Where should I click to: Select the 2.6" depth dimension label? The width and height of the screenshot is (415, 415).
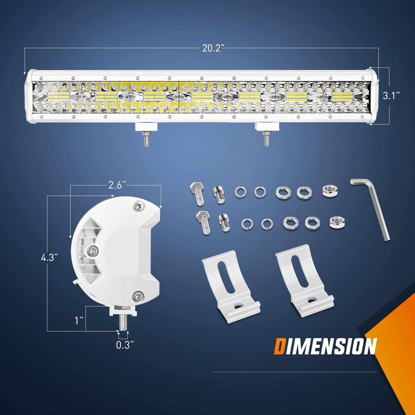coord(115,186)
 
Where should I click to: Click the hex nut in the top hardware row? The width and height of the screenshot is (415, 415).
coord(328,191)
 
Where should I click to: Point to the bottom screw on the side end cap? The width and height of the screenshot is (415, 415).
coord(137,297)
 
